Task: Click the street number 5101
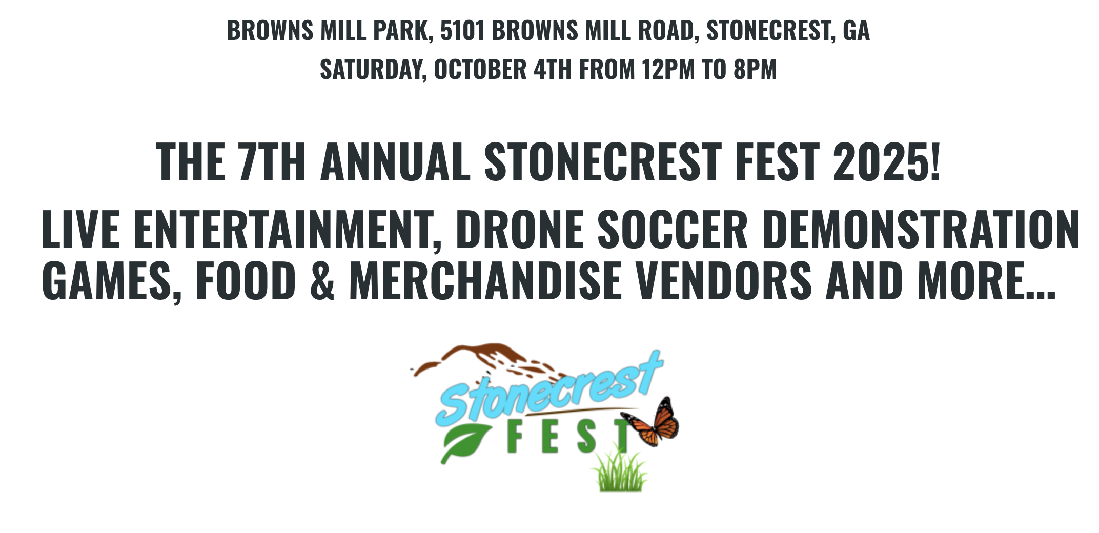[x=462, y=30]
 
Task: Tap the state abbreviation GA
[x=856, y=30]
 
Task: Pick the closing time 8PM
[x=755, y=69]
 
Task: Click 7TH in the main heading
[x=272, y=161]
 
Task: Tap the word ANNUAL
[x=395, y=161]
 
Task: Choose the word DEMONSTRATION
[x=921, y=229]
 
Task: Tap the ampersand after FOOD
[x=322, y=280]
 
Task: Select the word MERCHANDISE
[x=485, y=280]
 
